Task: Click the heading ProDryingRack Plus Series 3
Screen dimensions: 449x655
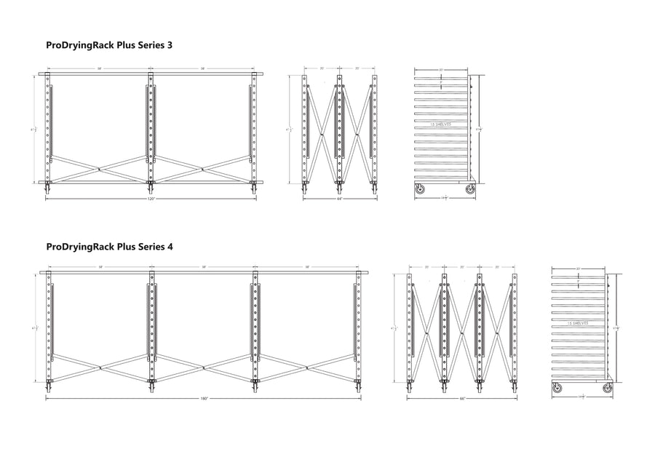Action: (108, 45)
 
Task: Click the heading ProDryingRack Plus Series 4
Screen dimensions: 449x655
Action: (108, 247)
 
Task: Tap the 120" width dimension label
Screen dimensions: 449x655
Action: (151, 198)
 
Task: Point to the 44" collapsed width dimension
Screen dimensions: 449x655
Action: (341, 198)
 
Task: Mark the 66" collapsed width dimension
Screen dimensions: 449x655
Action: (462, 399)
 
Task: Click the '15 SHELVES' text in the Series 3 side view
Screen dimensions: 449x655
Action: (441, 124)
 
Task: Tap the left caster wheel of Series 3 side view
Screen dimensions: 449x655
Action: (420, 188)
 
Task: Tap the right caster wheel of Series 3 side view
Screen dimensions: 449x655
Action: (470, 188)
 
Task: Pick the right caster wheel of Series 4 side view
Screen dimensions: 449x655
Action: (607, 389)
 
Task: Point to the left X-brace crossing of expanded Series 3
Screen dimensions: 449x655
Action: (99, 168)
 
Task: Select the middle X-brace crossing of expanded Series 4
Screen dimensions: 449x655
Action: (204, 368)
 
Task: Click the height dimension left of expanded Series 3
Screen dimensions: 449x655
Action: (34, 129)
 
